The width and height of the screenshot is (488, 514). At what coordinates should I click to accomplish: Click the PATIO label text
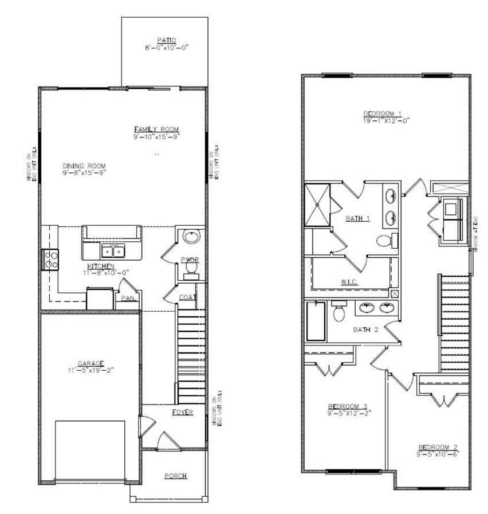(x=167, y=40)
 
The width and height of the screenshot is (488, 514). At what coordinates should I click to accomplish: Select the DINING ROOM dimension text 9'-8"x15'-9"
(x=85, y=172)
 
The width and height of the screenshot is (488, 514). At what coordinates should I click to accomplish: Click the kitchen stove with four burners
(x=50, y=260)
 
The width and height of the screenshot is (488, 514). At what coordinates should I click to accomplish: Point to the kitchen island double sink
(x=112, y=251)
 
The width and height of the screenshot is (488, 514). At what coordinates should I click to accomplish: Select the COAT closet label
(x=187, y=297)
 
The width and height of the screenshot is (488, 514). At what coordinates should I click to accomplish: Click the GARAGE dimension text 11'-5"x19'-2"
(x=90, y=370)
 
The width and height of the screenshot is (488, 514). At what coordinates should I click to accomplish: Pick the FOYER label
(x=182, y=412)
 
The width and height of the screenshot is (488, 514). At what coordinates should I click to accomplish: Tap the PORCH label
(x=175, y=476)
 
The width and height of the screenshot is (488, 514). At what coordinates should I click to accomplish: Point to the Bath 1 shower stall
(x=318, y=205)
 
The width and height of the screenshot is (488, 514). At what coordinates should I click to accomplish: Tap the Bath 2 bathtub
(x=316, y=322)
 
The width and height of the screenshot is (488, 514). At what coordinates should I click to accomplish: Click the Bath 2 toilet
(x=339, y=313)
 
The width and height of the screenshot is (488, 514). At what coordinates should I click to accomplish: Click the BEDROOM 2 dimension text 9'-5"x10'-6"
(x=438, y=453)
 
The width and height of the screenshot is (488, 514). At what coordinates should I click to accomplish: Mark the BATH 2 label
(x=365, y=329)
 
